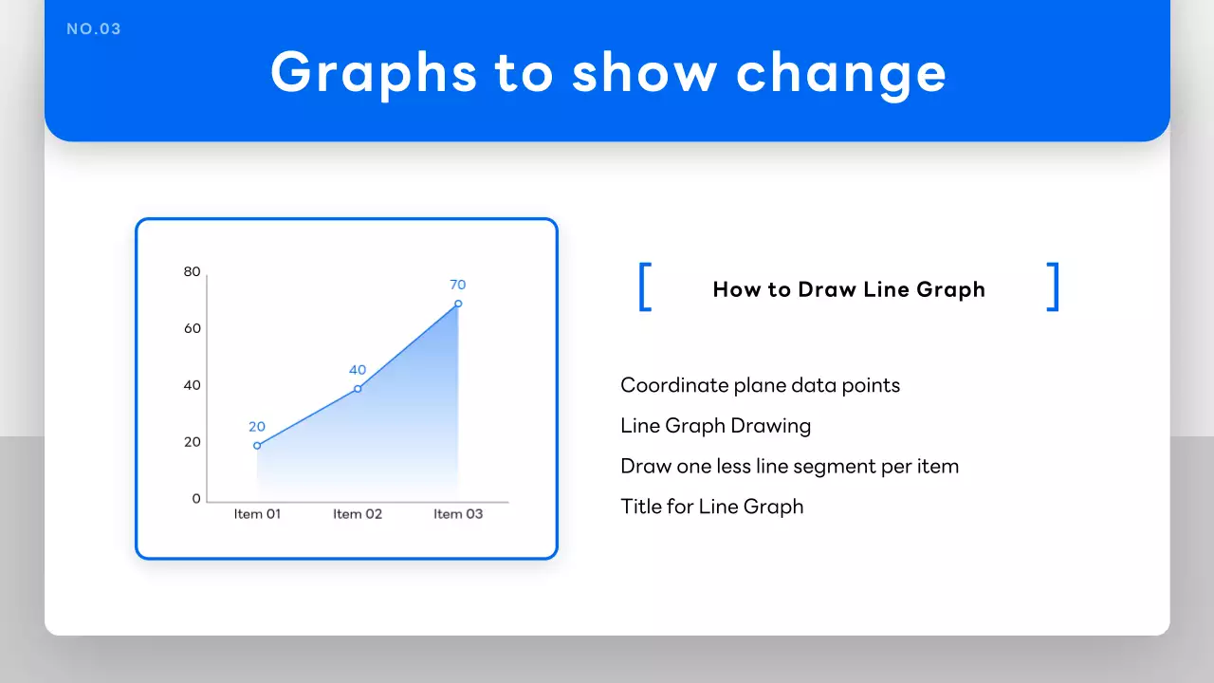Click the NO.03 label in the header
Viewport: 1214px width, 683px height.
tap(94, 29)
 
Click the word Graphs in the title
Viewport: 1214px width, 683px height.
tap(374, 71)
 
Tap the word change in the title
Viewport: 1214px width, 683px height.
tap(841, 71)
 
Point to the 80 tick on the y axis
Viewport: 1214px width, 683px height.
tap(193, 272)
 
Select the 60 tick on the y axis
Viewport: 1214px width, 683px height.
tap(193, 328)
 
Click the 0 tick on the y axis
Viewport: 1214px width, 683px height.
tap(196, 499)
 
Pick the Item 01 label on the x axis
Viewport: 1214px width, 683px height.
tap(258, 514)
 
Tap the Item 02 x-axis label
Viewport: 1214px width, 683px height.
tap(358, 514)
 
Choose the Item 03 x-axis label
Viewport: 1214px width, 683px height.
tap(458, 514)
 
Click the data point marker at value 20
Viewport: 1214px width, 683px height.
tap(257, 446)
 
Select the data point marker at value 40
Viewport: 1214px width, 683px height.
tap(358, 389)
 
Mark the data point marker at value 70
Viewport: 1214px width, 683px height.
tap(458, 304)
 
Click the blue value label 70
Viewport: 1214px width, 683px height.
tap(458, 285)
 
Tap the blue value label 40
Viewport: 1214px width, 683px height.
tap(358, 370)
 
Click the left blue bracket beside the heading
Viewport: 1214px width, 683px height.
tap(645, 287)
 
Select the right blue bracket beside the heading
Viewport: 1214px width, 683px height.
tap(1053, 287)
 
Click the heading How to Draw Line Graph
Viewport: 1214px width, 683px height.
tap(849, 289)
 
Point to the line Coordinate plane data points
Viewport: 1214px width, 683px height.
tap(760, 385)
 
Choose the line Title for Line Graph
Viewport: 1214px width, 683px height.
tap(711, 507)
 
